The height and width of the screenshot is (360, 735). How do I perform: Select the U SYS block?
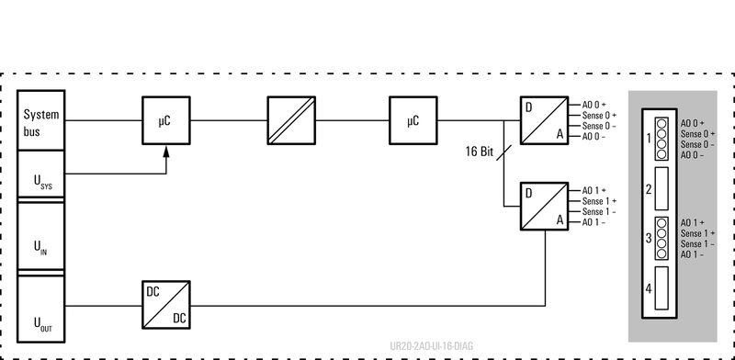(x=41, y=176)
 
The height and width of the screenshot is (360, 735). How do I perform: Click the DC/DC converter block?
(x=165, y=304)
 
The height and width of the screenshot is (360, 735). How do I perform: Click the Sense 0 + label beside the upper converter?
(x=598, y=116)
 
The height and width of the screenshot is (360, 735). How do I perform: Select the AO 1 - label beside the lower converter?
(x=594, y=222)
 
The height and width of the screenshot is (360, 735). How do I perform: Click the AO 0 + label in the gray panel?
(x=692, y=122)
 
